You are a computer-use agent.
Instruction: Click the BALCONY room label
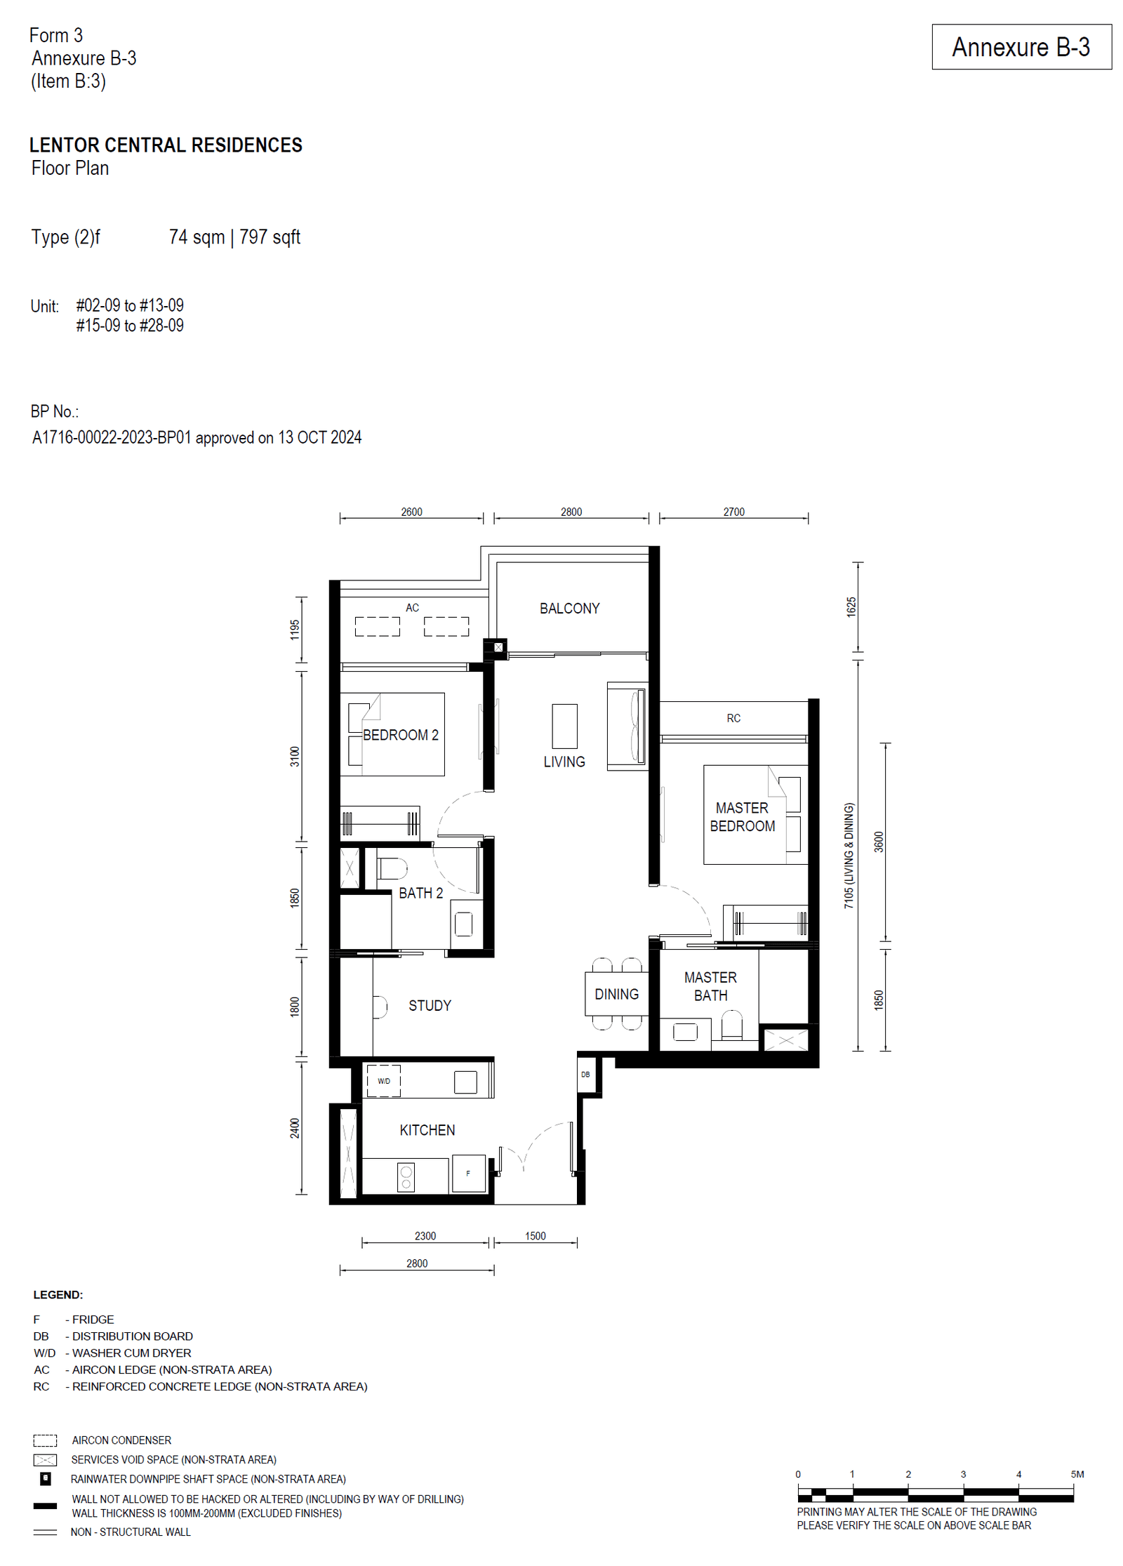click(569, 609)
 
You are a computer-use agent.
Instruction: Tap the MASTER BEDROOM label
click(742, 817)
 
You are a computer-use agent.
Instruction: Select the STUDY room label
click(430, 1006)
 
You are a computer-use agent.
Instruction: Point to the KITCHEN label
click(427, 1130)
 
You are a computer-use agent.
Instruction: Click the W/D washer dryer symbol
click(383, 1081)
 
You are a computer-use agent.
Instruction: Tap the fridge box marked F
click(468, 1173)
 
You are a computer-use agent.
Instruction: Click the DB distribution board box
click(585, 1075)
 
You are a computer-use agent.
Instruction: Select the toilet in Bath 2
click(392, 868)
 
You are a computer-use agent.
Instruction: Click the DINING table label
click(616, 994)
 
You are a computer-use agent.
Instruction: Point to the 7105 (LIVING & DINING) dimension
click(849, 856)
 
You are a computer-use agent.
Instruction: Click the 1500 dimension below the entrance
click(535, 1236)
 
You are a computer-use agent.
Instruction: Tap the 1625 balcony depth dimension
click(851, 607)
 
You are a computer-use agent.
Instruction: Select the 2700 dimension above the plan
click(733, 512)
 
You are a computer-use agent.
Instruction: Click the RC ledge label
click(733, 718)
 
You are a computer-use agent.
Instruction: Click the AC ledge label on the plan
click(412, 608)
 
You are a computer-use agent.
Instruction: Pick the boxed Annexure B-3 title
click(1021, 47)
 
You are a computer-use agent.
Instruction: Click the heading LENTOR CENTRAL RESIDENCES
click(166, 145)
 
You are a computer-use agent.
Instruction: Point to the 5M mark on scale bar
click(1076, 1474)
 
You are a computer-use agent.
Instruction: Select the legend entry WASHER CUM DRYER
click(131, 1353)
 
